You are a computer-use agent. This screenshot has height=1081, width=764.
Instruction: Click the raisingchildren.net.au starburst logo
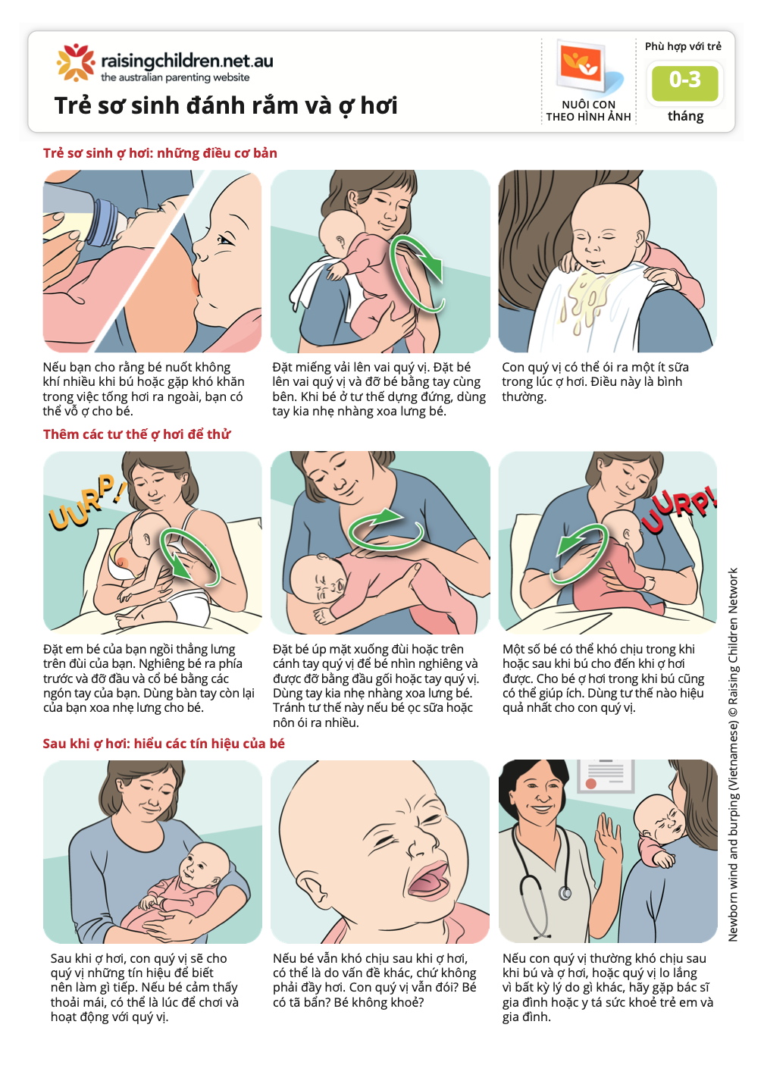click(75, 62)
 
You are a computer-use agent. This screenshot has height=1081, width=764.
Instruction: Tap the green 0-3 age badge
click(684, 81)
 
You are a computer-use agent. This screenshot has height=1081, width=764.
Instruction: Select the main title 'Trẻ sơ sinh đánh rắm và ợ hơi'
click(226, 105)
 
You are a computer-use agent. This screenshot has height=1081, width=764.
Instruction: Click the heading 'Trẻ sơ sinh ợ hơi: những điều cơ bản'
click(160, 153)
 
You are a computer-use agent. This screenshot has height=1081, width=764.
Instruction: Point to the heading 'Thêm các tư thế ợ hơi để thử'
click(136, 434)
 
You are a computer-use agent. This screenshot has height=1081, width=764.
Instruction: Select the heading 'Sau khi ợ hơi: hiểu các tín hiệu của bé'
click(164, 744)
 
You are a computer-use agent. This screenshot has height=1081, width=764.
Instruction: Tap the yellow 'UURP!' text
click(85, 502)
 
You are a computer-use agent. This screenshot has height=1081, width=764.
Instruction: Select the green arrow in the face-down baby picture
click(385, 528)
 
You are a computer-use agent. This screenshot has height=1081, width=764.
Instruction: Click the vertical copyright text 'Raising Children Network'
click(733, 754)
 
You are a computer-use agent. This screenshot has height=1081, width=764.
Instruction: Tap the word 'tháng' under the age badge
click(685, 116)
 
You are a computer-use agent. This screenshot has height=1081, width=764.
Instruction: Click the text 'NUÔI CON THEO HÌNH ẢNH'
click(588, 111)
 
